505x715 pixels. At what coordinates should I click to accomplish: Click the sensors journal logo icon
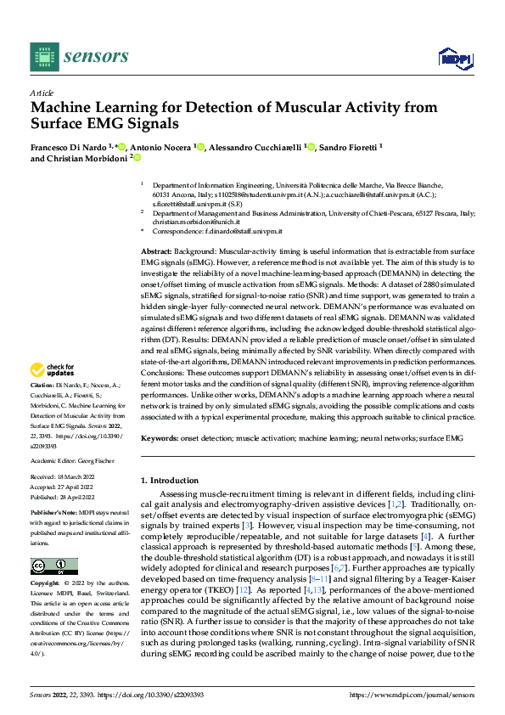tap(42, 57)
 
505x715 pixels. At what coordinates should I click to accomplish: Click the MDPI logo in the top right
tap(455, 57)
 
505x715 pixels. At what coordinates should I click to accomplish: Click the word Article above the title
tap(41, 93)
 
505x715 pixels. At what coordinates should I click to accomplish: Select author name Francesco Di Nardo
tap(69, 147)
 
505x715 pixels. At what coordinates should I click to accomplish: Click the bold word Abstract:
tap(156, 252)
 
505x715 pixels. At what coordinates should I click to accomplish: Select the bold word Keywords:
tap(160, 437)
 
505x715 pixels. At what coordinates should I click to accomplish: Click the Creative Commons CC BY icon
tap(53, 566)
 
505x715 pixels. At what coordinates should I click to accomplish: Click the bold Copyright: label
tap(46, 584)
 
